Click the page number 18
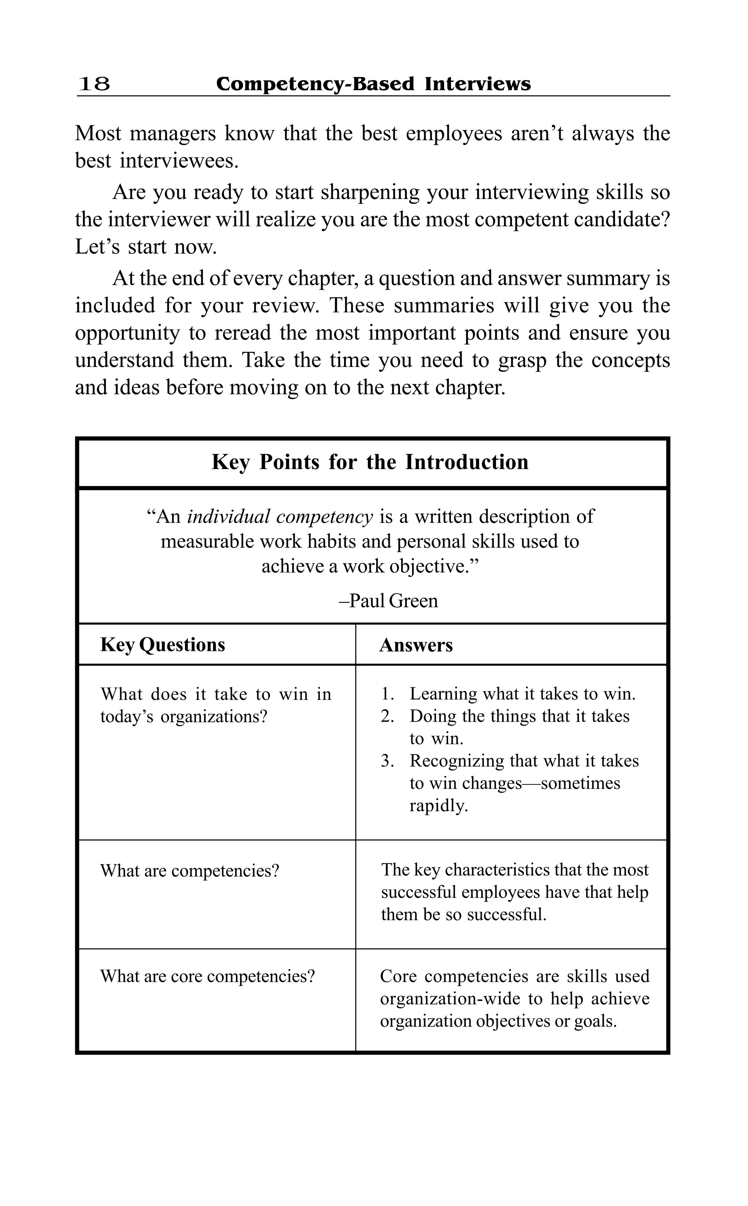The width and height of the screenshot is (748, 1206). (94, 84)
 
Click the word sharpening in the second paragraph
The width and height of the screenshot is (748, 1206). (370, 192)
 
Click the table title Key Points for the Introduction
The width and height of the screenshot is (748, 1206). (370, 462)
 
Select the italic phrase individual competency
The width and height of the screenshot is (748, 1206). (280, 517)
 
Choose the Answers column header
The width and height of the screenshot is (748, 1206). (416, 645)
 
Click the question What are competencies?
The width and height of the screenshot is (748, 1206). (190, 871)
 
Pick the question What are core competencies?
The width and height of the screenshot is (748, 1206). (207, 976)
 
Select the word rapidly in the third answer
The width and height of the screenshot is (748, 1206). (438, 805)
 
